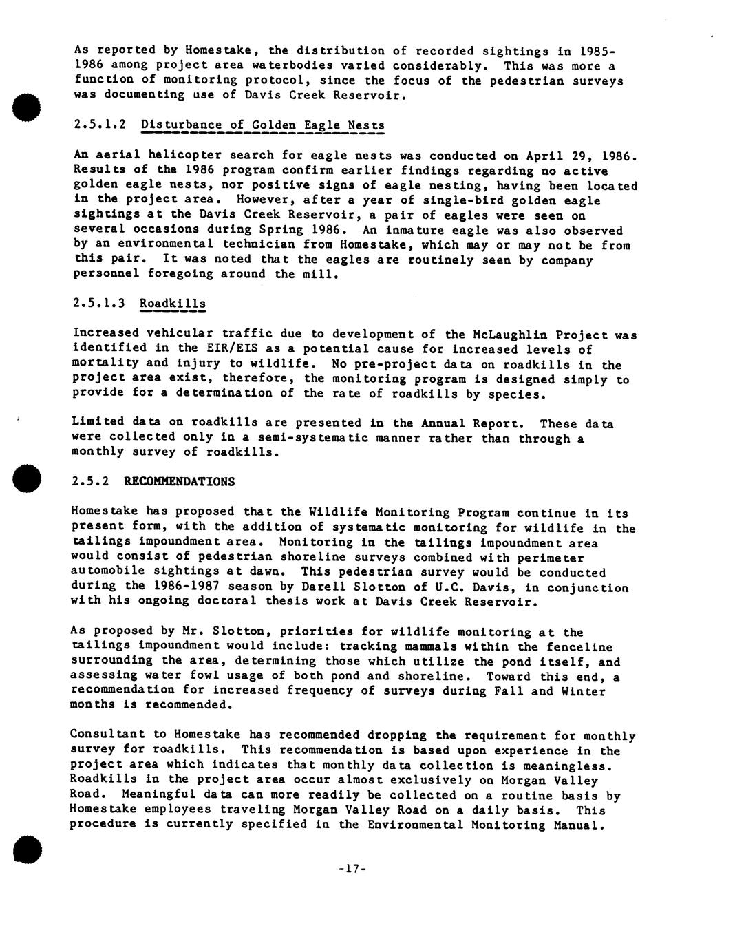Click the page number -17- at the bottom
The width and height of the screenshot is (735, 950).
352,869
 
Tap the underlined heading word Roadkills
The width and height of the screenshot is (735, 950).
172,304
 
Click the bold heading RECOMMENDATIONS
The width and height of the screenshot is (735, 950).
179,482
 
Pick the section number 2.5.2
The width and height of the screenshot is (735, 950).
89,482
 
